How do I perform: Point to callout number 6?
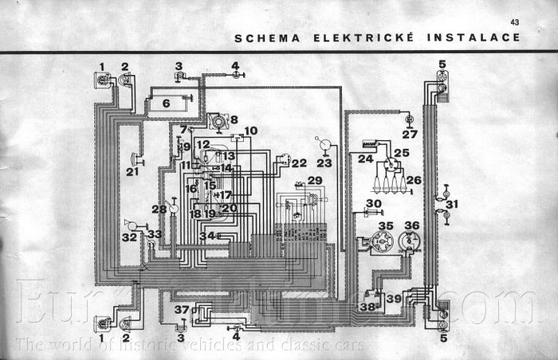pos(166,103)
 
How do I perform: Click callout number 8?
pos(234,119)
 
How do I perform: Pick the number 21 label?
pos(132,171)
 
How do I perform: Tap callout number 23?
pos(324,162)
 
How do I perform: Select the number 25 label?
pos(401,152)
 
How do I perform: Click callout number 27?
pos(409,135)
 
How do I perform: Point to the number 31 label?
pos(452,204)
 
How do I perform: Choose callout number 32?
pos(128,237)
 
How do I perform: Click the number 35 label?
pos(386,226)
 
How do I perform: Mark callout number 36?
pos(411,226)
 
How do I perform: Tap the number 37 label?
pos(183,309)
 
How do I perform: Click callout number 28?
pos(160,209)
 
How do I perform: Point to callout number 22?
pos(299,163)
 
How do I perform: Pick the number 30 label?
pos(374,204)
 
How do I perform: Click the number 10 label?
pos(251,131)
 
